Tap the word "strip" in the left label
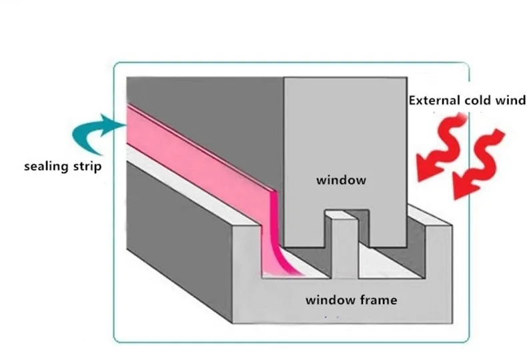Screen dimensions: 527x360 (87, 167)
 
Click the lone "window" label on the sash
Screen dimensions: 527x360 (341, 181)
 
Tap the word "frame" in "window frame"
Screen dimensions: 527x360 (378, 300)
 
